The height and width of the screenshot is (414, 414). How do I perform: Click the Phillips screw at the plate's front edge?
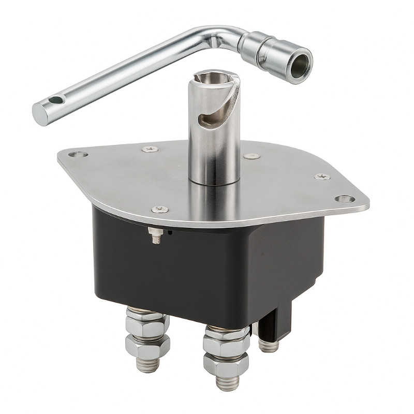point(160,210)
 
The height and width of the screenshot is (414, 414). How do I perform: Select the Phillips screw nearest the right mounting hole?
point(322,176)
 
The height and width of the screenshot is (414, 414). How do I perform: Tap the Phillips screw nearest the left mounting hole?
point(149,149)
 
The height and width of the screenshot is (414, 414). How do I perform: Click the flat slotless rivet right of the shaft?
point(252,156)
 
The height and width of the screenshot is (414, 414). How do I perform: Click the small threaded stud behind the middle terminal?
point(269,345)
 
